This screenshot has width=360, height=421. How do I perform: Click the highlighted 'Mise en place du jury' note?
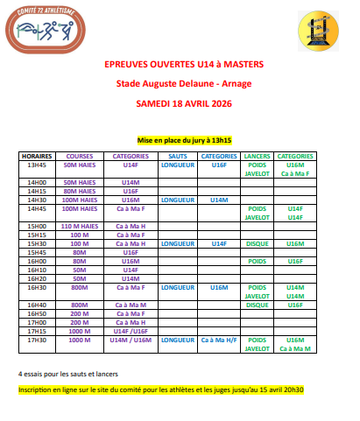[184, 140]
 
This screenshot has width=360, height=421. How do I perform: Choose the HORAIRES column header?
[37, 156]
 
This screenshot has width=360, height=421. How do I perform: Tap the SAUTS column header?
[178, 156]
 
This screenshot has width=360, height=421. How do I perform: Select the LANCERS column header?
[257, 156]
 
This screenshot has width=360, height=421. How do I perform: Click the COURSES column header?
[80, 156]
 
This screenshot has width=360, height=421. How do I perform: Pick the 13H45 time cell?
[37, 164]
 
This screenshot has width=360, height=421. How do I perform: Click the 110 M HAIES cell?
[80, 226]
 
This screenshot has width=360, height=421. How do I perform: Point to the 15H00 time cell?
[37, 226]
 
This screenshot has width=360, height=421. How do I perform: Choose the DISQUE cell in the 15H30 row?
[257, 243]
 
